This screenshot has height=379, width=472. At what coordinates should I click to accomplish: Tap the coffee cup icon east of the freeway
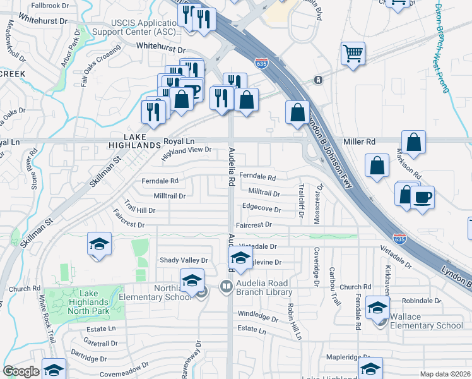click(x=422, y=196)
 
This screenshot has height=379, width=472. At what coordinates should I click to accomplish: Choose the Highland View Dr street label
click(x=186, y=151)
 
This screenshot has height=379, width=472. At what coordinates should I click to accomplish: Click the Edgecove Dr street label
click(x=261, y=207)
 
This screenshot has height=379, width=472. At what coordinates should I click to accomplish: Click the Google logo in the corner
click(x=21, y=371)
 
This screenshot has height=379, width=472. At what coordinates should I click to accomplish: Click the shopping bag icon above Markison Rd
click(x=413, y=142)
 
